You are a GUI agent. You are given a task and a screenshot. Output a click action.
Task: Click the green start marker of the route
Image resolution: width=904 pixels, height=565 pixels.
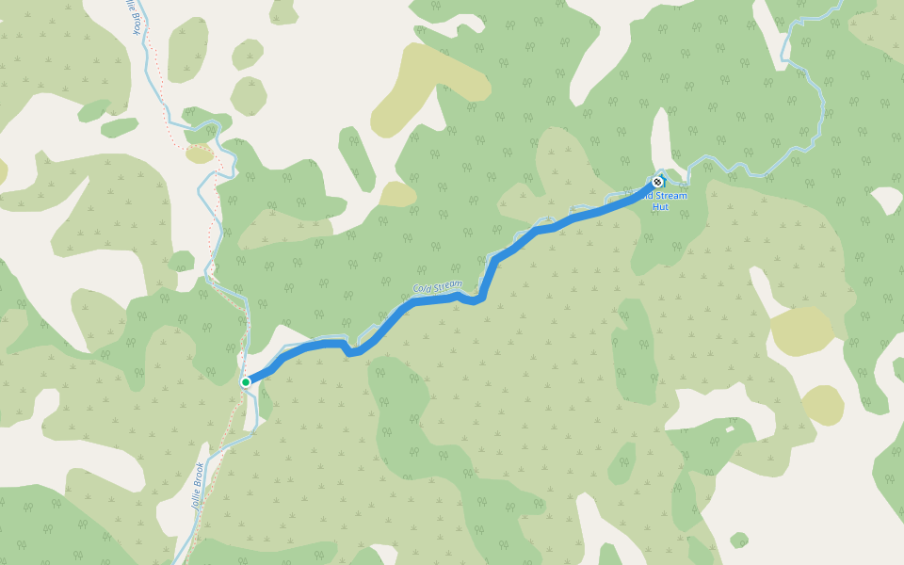point(246,382)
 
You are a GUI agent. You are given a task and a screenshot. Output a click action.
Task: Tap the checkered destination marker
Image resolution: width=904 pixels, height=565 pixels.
point(656,182)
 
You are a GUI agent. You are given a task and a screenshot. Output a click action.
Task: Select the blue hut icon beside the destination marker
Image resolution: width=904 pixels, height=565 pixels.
point(663,178)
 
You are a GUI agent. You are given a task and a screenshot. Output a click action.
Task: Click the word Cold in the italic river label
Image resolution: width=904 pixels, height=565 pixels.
point(423,288)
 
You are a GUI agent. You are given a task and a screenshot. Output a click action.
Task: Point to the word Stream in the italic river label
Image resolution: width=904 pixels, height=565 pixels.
point(447,283)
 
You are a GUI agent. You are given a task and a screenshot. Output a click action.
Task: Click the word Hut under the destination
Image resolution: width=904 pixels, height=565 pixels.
point(661,206)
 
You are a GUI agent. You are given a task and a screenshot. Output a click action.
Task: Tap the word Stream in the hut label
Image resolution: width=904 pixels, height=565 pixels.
point(672,196)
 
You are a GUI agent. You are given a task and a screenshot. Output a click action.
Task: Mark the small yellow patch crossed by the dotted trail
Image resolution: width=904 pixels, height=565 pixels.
point(199,153)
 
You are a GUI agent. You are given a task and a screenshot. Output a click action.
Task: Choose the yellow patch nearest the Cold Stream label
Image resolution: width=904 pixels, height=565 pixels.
point(398,194)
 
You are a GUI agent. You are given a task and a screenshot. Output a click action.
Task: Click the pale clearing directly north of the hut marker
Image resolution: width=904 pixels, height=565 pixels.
point(662,141)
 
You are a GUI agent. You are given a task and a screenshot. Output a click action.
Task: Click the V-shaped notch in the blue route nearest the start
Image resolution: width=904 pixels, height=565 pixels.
point(350,352)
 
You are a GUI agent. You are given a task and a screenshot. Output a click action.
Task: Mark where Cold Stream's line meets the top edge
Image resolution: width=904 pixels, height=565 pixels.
point(839,2)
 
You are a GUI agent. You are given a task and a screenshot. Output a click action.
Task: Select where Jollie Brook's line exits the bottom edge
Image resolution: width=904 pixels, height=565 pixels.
point(177,562)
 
